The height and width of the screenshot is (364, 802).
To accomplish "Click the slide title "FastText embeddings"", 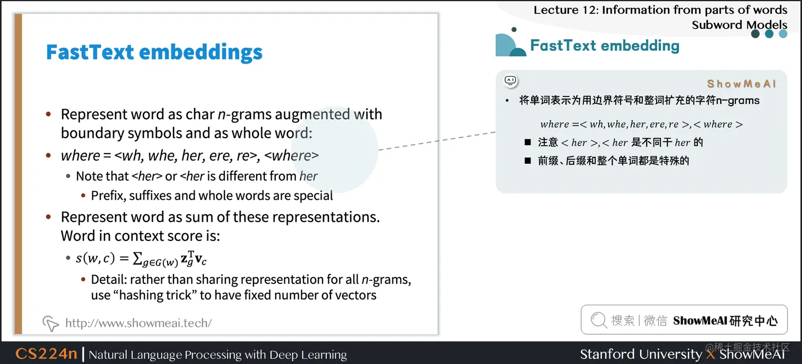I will tap(154, 52).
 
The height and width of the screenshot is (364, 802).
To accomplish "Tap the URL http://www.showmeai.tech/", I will tap(138, 323).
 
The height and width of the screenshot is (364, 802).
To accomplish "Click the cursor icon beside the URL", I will tap(50, 323).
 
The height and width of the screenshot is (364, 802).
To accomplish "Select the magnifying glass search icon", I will tap(598, 320).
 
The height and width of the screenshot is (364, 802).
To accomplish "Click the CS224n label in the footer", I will tap(46, 354).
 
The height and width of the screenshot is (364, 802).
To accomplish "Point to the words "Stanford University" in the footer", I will tap(640, 354).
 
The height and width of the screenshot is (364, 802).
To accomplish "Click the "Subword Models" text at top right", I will tap(739, 24).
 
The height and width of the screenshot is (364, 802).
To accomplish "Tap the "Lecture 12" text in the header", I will tap(564, 10).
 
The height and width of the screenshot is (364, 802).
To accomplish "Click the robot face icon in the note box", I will tap(510, 81).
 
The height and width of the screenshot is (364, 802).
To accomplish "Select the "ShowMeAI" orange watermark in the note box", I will tap(741, 84).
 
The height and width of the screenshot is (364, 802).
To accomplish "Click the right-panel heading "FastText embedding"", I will tap(605, 46).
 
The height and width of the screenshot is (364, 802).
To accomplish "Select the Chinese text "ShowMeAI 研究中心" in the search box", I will tap(725, 321).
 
